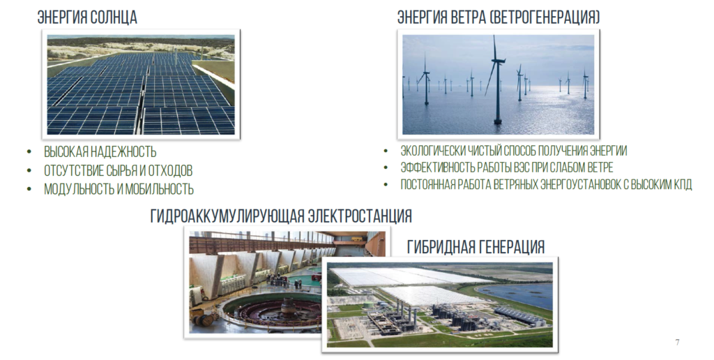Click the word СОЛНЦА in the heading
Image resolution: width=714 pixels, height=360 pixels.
pyautogui.click(x=114, y=17)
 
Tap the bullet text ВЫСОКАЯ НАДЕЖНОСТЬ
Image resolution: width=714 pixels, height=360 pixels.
pyautogui.click(x=100, y=152)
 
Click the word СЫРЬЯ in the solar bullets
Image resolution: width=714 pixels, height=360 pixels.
pyautogui.click(x=123, y=170)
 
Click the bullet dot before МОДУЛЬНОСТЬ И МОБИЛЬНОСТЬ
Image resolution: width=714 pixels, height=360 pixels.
pyautogui.click(x=30, y=188)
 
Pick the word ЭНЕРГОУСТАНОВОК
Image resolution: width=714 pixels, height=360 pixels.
pyautogui.click(x=568, y=185)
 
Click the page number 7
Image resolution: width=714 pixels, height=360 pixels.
pyautogui.click(x=678, y=343)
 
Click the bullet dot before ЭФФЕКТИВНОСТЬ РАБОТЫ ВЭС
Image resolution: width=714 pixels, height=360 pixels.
pyautogui.click(x=386, y=167)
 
